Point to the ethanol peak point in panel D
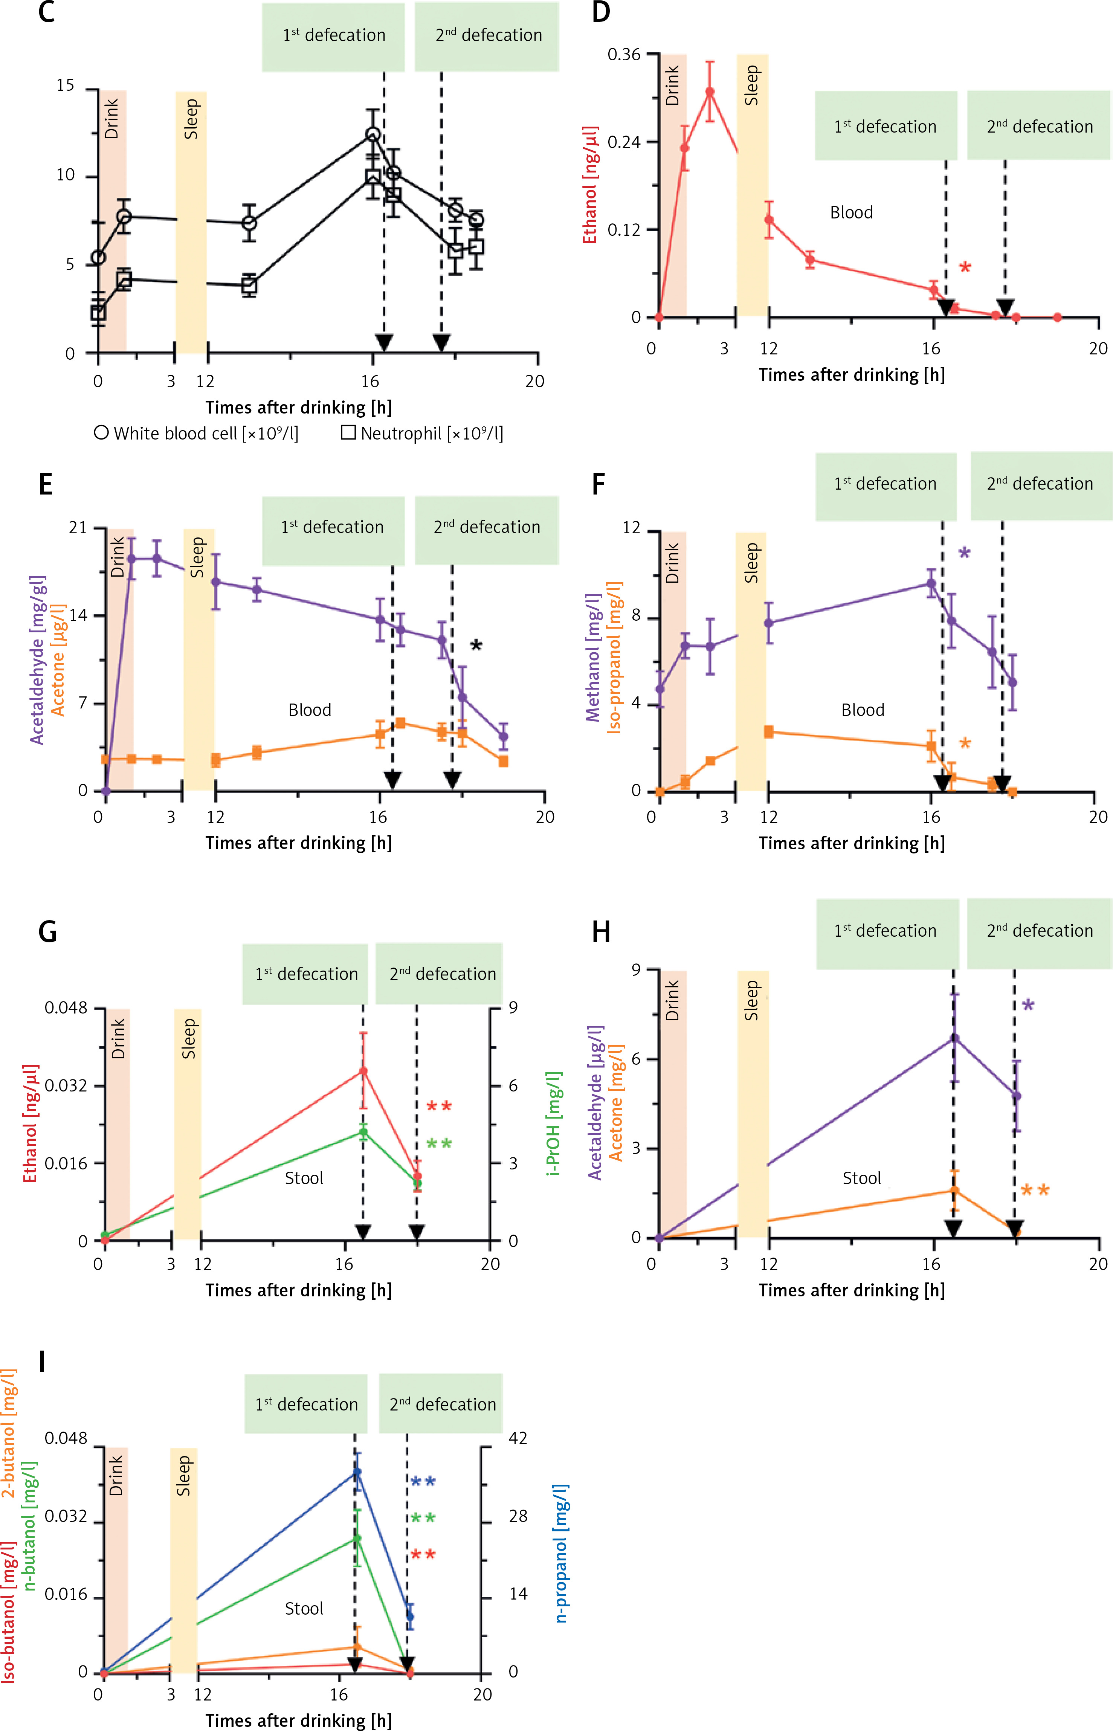710,92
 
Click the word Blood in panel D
851,212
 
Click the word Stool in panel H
861,1178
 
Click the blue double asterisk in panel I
423,1482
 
